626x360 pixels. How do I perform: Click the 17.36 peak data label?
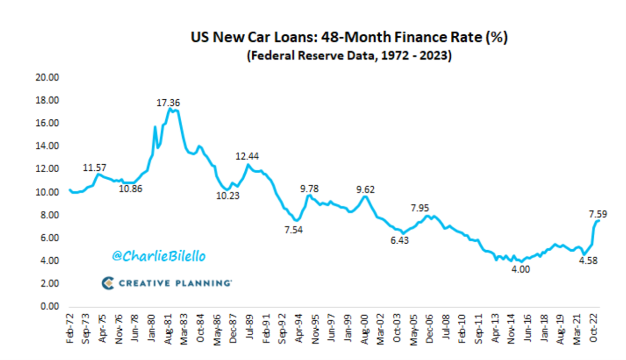coord(168,103)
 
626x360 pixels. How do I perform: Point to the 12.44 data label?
coord(247,157)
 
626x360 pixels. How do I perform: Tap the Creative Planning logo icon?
coord(107,283)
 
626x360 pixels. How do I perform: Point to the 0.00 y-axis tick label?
coord(50,307)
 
